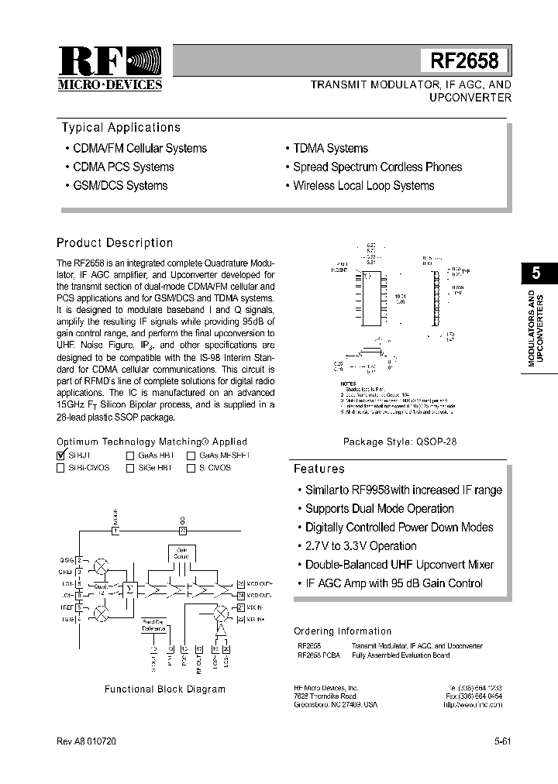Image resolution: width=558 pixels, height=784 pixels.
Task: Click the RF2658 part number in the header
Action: (x=464, y=60)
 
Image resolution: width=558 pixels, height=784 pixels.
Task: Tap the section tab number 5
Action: (x=537, y=273)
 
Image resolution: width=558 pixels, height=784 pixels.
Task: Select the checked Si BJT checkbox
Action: (x=61, y=456)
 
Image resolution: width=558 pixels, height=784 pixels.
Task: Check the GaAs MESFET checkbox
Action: (x=191, y=456)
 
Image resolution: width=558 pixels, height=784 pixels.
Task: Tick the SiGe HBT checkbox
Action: (x=130, y=468)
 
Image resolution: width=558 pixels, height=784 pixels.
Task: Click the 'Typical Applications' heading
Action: (x=120, y=128)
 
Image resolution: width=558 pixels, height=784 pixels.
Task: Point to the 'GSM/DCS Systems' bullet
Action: (x=120, y=186)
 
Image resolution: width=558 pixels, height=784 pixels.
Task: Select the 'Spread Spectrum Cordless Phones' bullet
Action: (x=377, y=167)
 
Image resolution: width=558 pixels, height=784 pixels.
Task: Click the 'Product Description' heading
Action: (x=115, y=243)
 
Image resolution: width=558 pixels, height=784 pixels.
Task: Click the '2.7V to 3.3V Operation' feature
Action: (x=360, y=546)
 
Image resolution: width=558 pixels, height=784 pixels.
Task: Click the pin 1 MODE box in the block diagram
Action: (x=115, y=531)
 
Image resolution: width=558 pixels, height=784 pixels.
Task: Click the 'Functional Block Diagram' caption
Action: (x=165, y=689)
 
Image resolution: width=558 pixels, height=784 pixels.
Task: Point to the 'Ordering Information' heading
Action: (x=343, y=631)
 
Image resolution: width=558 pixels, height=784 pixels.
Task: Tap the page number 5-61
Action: (x=503, y=741)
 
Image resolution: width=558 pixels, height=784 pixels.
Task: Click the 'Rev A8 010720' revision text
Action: (x=86, y=741)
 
